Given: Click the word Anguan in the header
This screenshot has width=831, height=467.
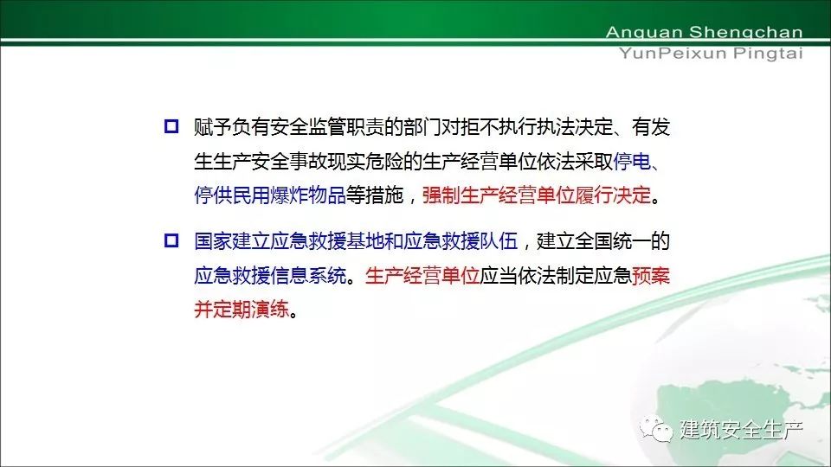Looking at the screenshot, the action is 644,33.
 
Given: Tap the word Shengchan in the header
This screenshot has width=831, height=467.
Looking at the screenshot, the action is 745,33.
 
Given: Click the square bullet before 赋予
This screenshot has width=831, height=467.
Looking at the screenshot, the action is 171,126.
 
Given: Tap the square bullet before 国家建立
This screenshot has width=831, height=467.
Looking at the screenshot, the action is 171,241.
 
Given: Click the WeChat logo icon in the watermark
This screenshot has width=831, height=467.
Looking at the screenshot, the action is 656,429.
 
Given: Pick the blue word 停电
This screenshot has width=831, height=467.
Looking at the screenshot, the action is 632,161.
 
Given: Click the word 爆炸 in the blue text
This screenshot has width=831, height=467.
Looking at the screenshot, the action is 289,195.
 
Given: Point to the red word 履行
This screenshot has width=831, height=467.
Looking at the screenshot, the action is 594,195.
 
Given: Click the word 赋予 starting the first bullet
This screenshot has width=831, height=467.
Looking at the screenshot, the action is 213,127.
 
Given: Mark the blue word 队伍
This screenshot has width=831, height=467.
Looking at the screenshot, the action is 499,241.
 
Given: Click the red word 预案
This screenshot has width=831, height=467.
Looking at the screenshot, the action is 651,276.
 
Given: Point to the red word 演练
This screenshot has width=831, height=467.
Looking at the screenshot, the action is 270,310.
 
